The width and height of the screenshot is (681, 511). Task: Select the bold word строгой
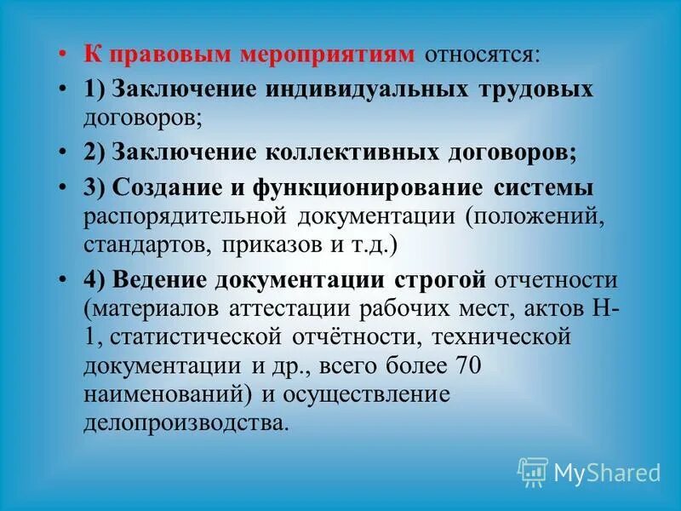[441, 280]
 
